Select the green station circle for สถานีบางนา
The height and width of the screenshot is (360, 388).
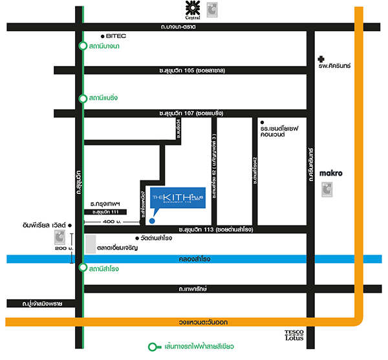tap(82, 47)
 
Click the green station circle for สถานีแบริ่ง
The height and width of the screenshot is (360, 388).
tap(82, 98)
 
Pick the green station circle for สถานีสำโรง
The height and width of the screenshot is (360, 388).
tap(82, 268)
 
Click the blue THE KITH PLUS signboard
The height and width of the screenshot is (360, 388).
tap(177, 198)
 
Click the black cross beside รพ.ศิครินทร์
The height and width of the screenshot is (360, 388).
tap(314, 58)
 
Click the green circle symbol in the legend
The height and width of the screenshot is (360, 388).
tap(153, 347)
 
